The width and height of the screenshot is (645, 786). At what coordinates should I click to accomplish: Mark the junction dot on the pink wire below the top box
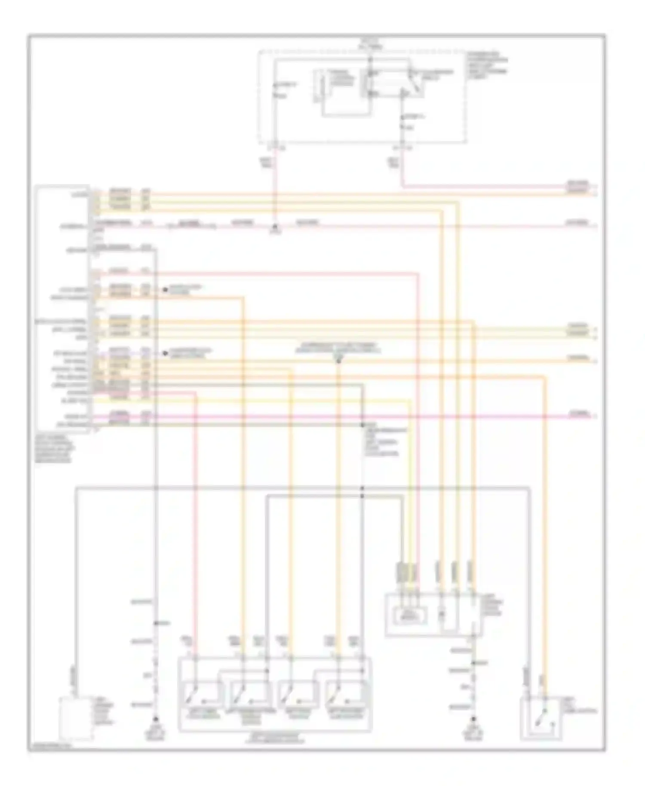276,225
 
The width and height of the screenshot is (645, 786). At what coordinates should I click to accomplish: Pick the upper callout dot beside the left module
165,290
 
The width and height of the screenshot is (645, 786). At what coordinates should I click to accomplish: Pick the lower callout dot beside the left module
165,353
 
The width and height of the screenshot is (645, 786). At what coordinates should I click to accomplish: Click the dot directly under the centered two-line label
338,361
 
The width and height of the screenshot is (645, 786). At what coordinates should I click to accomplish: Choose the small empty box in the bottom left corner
76,719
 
